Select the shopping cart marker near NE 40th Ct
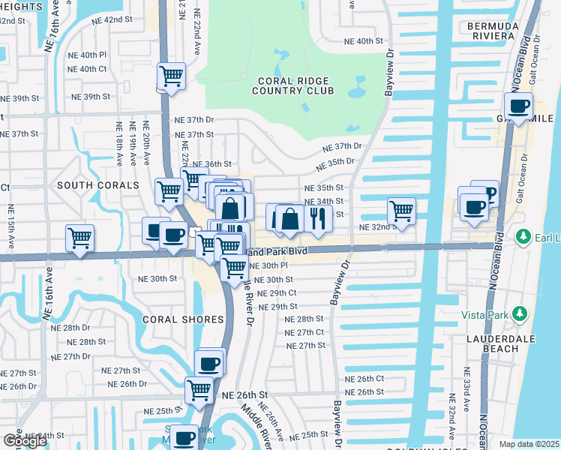point(172,76)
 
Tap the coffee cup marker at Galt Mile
point(518,106)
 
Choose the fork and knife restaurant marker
point(318,218)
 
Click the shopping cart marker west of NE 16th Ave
point(79,238)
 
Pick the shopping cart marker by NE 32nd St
point(402,210)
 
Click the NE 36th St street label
point(211,163)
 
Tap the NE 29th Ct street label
point(277,293)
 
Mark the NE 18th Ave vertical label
point(118,142)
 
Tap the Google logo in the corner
point(25,441)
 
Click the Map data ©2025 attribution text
point(529,444)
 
